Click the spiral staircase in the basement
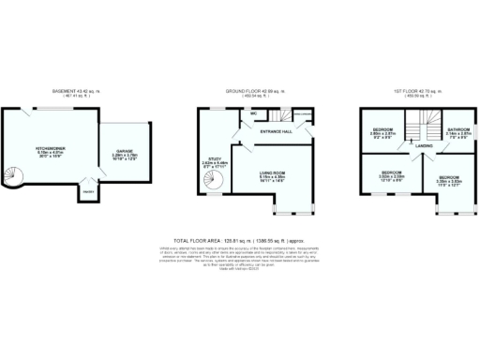point(19,175)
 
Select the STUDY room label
point(216,160)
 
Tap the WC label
point(255,114)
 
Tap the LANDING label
point(425,146)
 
